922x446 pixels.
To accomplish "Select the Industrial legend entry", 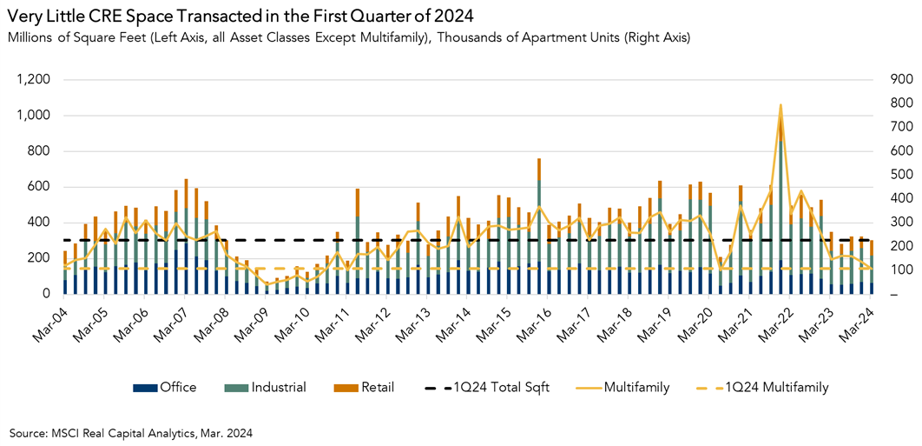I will coord(268,387).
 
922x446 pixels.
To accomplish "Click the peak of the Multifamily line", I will coord(780,104).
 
